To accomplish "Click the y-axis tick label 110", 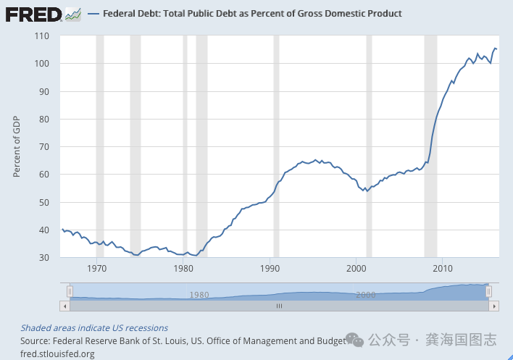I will tap(41, 36).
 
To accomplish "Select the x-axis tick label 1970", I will tap(97, 269).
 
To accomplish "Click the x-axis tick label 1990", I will tap(270, 269).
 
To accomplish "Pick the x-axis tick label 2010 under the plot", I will tap(442, 269).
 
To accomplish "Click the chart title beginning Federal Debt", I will tap(252, 14).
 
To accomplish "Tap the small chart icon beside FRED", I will tap(72, 14).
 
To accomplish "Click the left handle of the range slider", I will tap(70, 291).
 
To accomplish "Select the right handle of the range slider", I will tap(489, 291).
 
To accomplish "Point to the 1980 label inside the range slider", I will tap(199, 295).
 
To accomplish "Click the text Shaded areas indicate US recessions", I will tap(94, 328).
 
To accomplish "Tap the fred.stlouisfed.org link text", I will tap(57, 353).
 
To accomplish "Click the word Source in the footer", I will tap(34, 340).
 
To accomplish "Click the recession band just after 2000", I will tap(369, 145).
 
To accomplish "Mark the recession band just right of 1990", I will tap(276, 145).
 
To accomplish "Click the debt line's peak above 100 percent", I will tap(495, 48).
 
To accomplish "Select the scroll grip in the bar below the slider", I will tap(278, 306).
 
